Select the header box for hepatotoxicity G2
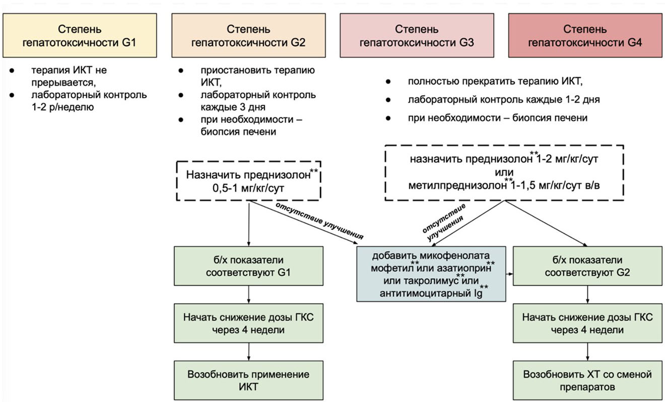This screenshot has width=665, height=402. tap(248, 36)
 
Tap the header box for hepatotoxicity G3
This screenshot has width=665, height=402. tap(416, 36)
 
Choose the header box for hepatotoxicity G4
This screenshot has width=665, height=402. tap(584, 36)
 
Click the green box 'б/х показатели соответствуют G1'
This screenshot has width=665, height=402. tap(249, 267)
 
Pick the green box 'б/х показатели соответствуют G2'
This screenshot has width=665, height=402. tap(587, 267)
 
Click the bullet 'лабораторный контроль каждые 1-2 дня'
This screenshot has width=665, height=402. tap(504, 100)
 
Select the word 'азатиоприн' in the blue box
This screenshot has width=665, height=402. tap(464, 266)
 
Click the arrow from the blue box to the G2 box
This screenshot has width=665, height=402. tap(509, 275)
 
